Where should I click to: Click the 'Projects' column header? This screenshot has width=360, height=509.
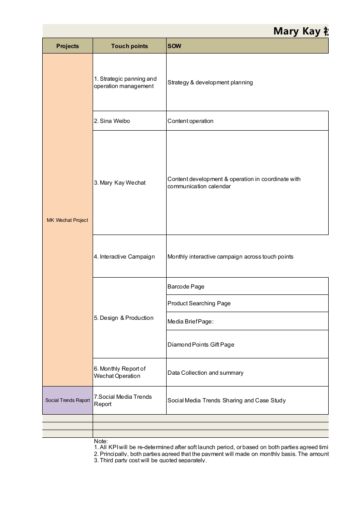click(x=68, y=46)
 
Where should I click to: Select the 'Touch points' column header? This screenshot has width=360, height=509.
click(x=129, y=46)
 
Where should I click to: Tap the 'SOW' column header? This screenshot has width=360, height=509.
click(x=174, y=46)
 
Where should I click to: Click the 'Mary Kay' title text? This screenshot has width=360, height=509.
click(x=297, y=31)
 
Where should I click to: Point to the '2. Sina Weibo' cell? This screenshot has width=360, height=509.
click(x=112, y=121)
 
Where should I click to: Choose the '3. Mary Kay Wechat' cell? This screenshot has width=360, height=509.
click(x=120, y=183)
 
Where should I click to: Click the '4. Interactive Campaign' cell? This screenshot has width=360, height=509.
click(x=124, y=257)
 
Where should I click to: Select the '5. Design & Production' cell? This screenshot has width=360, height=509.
click(x=123, y=318)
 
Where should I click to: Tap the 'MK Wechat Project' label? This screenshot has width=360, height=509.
click(x=67, y=220)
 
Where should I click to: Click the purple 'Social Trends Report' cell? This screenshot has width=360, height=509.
click(x=68, y=400)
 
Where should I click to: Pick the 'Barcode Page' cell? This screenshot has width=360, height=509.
click(x=186, y=287)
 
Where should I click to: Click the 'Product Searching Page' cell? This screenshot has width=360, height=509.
click(x=199, y=303)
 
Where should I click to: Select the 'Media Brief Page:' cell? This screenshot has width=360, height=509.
click(x=190, y=322)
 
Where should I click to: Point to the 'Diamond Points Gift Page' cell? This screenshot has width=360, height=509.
click(x=201, y=345)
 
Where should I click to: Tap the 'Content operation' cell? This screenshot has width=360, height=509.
click(x=190, y=121)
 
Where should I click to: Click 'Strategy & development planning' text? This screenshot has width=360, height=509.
click(x=210, y=83)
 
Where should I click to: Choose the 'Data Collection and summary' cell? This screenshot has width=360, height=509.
click(x=205, y=373)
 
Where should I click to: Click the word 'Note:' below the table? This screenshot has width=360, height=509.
click(x=101, y=441)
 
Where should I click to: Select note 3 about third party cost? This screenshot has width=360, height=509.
click(x=150, y=460)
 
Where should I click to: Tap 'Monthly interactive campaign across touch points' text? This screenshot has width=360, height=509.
click(x=230, y=257)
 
